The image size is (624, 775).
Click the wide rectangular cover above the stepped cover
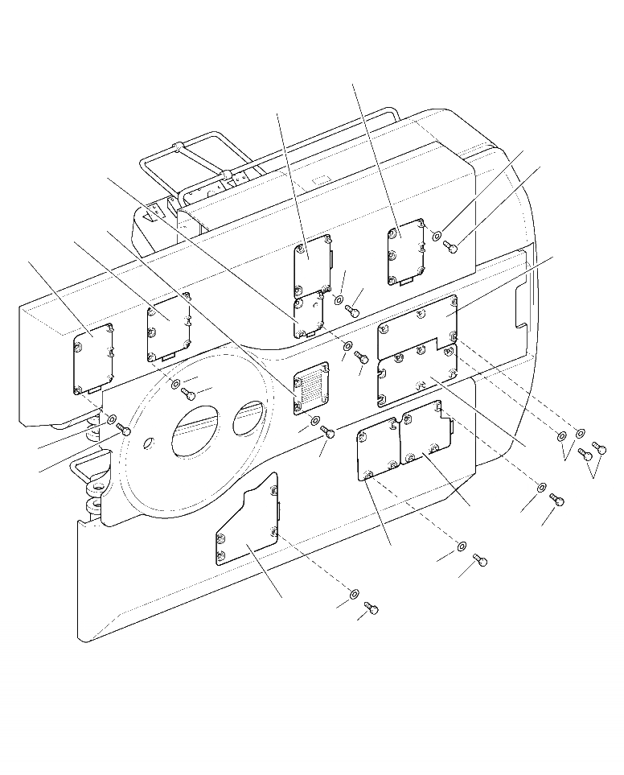click(x=417, y=318)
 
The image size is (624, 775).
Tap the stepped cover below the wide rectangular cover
click(x=417, y=370)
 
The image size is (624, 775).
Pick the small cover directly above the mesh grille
click(x=309, y=313)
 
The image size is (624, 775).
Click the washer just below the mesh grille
click(x=314, y=421)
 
